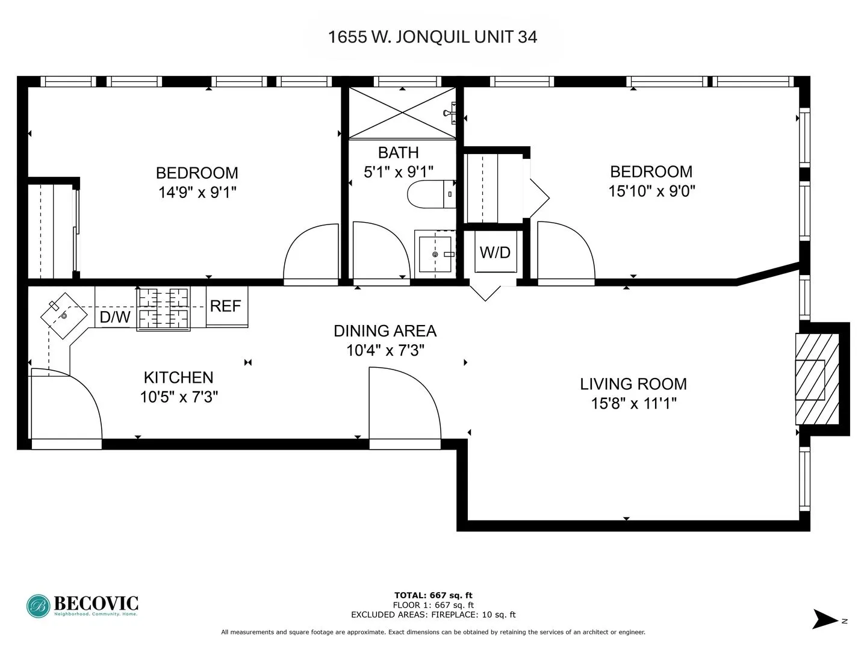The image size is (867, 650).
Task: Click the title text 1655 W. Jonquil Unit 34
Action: [x=432, y=37]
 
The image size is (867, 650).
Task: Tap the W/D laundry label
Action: [x=495, y=252]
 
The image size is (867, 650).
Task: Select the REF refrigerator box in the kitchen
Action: [x=226, y=306]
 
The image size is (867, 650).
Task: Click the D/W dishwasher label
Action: [x=114, y=317]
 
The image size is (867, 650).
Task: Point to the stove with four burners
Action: [x=164, y=308]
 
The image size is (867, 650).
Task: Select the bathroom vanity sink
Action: [x=435, y=254]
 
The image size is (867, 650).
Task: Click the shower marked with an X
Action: [x=402, y=113]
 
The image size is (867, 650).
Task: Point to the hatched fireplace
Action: [x=817, y=379]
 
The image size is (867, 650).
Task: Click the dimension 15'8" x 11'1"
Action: [x=633, y=403]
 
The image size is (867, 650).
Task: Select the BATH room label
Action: [x=398, y=153]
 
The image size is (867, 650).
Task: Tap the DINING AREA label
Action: [x=385, y=331]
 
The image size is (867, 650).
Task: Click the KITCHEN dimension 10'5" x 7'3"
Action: [x=179, y=397]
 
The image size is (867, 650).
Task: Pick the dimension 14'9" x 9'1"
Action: [x=197, y=193]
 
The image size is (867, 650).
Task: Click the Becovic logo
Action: [x=82, y=605]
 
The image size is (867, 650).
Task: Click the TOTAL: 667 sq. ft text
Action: [x=433, y=596]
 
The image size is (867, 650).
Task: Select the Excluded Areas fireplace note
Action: [x=433, y=614]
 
